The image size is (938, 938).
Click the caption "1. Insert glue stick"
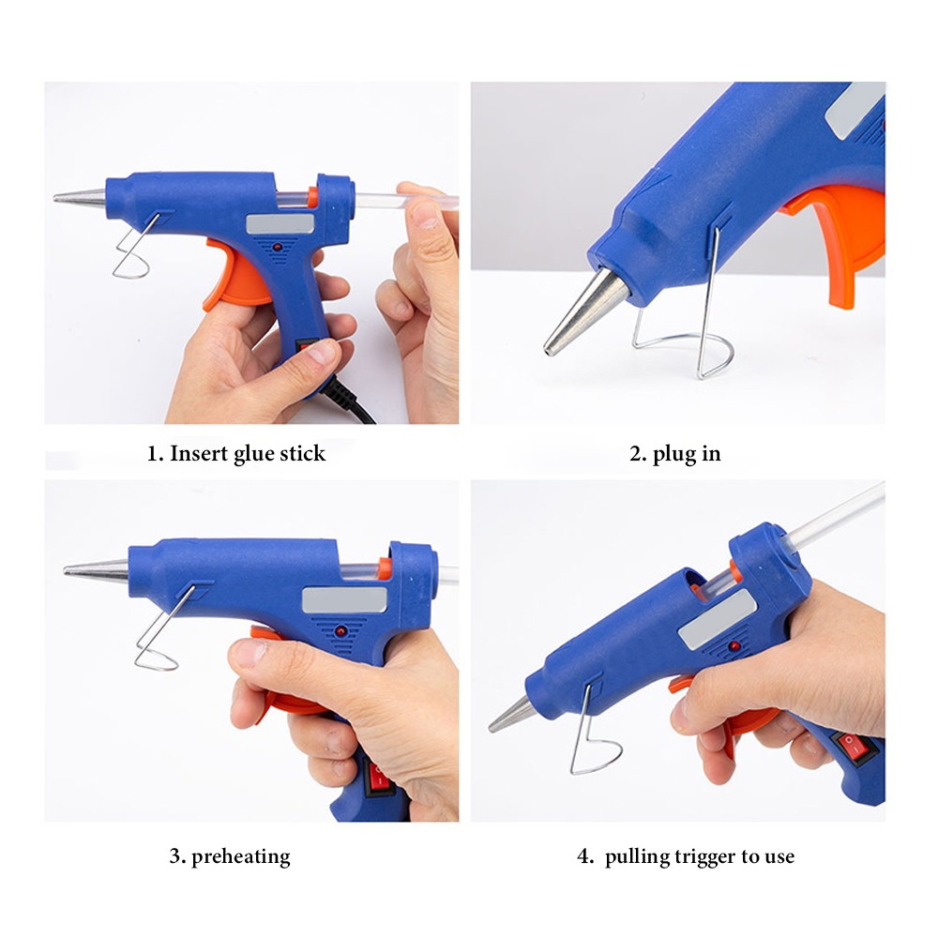point(236,453)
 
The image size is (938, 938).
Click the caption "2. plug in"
point(674,453)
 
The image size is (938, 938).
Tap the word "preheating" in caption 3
point(240,856)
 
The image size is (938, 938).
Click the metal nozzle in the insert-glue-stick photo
point(80,197)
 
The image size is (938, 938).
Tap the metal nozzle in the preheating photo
point(97,569)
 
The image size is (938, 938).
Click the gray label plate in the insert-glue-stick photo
point(280,224)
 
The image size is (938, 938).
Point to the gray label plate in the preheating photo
point(344,600)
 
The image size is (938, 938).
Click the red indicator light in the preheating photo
point(341,631)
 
